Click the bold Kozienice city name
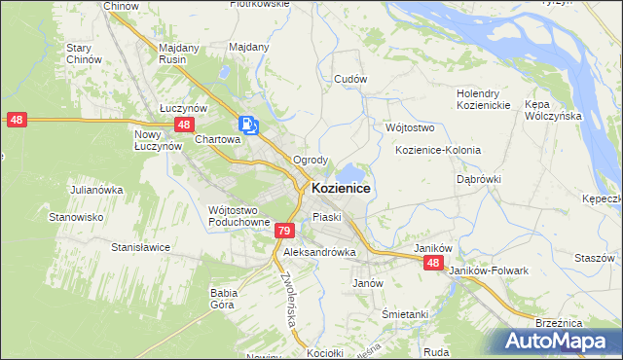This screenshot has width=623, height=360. (341, 188)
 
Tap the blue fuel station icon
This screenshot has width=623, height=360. (247, 125)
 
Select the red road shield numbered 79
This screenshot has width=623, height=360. (283, 231)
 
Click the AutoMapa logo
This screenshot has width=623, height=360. (554, 342)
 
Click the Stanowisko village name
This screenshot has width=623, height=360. (77, 217)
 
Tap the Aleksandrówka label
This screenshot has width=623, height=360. (319, 251)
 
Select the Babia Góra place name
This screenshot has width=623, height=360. (224, 298)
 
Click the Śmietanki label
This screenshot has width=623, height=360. (405, 314)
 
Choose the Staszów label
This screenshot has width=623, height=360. (594, 258)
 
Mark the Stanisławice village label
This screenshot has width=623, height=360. (141, 247)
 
